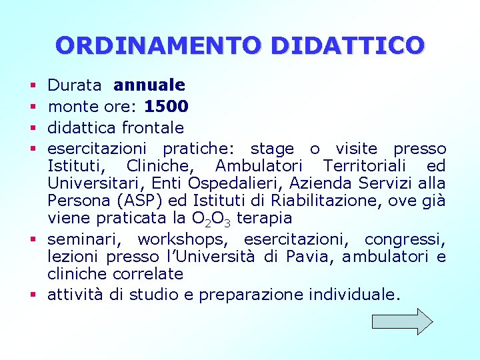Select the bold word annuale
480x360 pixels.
tap(149, 85)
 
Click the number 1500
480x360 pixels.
tap(167, 106)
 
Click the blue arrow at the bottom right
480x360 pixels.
tap(402, 321)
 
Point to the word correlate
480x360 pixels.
tap(151, 274)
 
